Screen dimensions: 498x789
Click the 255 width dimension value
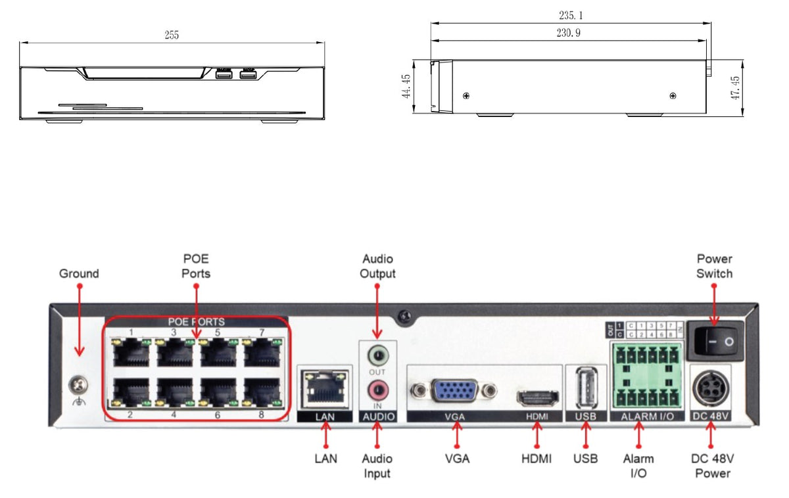click(x=172, y=35)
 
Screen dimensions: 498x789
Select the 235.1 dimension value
click(x=569, y=15)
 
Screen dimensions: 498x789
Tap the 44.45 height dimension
click(x=406, y=87)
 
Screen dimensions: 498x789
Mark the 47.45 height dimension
click(x=736, y=87)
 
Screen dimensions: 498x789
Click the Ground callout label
click(x=79, y=273)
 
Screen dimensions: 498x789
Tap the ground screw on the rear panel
click(x=79, y=382)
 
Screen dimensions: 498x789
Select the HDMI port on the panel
click(x=537, y=397)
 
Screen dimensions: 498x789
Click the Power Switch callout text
click(x=714, y=266)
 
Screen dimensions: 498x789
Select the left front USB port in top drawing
click(x=224, y=76)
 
